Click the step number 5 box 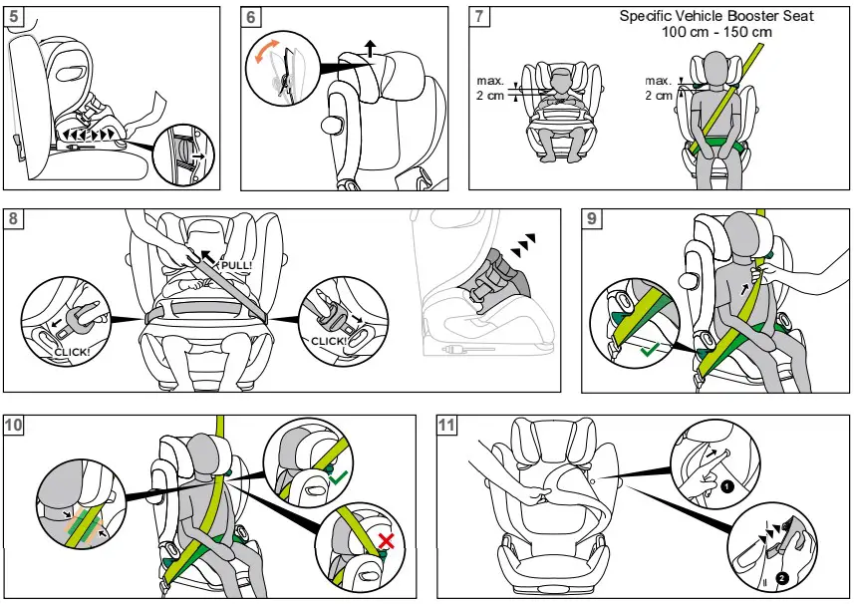point(16,18)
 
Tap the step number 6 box point(253,18)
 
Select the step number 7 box point(480,18)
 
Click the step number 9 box point(592,220)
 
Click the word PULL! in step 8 point(236,265)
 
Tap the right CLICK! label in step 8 point(329,341)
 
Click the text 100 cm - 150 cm point(716,32)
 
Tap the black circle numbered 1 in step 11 point(727,487)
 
